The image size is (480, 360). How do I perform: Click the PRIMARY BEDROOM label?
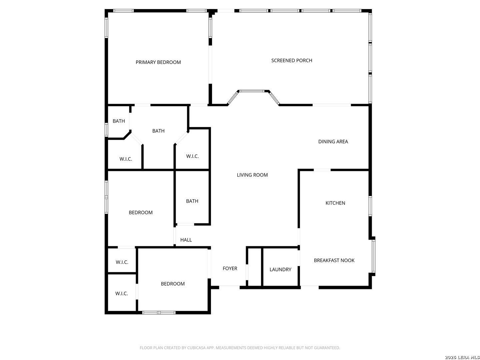tap(158, 62)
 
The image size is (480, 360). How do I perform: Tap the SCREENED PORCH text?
tap(291, 61)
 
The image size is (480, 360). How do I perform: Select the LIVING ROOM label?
tap(252, 175)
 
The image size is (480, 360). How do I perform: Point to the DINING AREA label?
tap(333, 142)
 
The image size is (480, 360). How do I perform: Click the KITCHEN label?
tap(335, 203)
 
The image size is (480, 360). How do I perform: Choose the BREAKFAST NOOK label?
tap(334, 260)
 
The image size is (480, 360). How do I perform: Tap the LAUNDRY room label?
tap(280, 270)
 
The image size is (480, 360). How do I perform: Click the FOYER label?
tap(230, 268)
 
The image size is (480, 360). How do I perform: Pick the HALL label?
tap(186, 240)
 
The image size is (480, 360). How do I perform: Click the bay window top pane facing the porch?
tap(253, 91)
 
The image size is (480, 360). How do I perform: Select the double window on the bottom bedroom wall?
tap(159, 313)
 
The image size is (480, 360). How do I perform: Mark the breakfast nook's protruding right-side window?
tap(374, 256)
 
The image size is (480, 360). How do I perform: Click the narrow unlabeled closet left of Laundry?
tap(255, 267)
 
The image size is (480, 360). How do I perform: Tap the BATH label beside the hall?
tap(192, 201)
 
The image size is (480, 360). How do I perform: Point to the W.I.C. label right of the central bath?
tap(192, 156)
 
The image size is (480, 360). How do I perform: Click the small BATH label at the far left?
tap(119, 121)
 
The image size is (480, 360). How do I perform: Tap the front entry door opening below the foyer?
tap(229, 287)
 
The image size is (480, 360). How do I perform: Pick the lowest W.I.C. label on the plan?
tap(122, 294)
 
